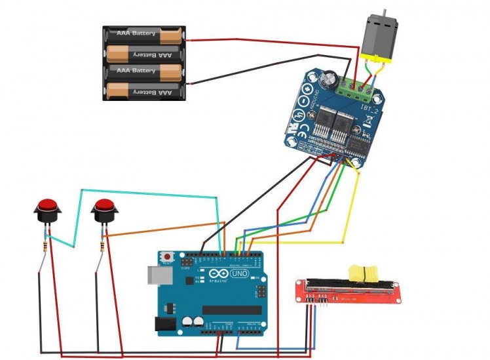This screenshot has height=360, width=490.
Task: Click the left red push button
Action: [47, 208]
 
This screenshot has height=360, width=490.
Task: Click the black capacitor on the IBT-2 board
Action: [331, 81]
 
